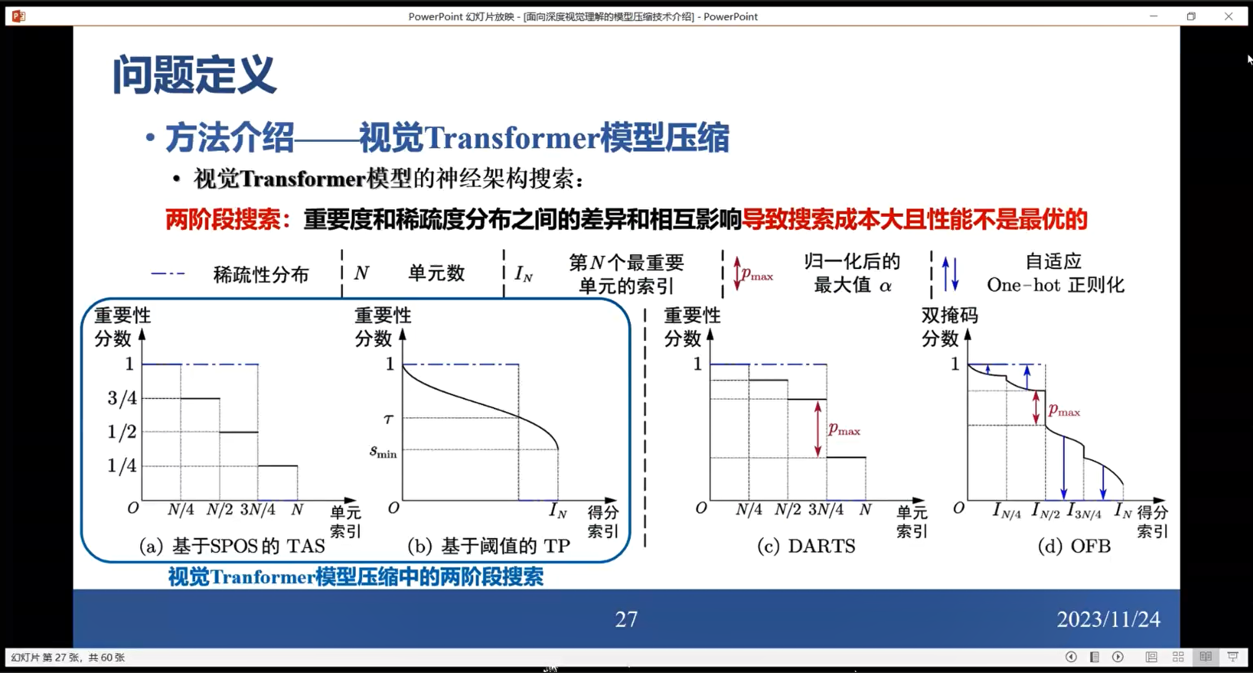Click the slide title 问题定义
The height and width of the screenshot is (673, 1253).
[x=194, y=75]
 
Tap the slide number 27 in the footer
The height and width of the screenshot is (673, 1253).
[x=626, y=619]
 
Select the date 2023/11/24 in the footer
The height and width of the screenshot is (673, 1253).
[x=1109, y=619]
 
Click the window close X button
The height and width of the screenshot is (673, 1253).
[x=1229, y=16]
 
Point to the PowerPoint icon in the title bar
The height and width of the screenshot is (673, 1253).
[x=18, y=16]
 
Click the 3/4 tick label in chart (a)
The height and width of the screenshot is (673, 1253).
[x=122, y=398]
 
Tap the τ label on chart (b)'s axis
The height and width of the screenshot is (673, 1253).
[x=389, y=419]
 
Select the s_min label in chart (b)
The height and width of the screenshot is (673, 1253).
[x=383, y=452]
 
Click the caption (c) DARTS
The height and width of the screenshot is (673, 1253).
[x=806, y=546]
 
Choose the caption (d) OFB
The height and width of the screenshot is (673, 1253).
[x=1074, y=546]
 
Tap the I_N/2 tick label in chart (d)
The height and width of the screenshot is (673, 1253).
[x=1045, y=510]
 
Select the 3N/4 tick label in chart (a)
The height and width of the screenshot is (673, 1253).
[x=258, y=509]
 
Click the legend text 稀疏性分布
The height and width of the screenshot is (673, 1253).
[x=261, y=274]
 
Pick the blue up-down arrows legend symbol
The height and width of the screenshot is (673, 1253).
[x=950, y=274]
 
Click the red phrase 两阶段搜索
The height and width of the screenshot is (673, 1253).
[x=223, y=220]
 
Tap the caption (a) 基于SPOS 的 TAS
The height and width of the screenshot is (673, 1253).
[x=232, y=546]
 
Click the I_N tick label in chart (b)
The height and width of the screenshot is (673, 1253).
[x=558, y=510]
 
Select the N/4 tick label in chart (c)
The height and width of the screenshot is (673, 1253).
[x=749, y=509]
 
